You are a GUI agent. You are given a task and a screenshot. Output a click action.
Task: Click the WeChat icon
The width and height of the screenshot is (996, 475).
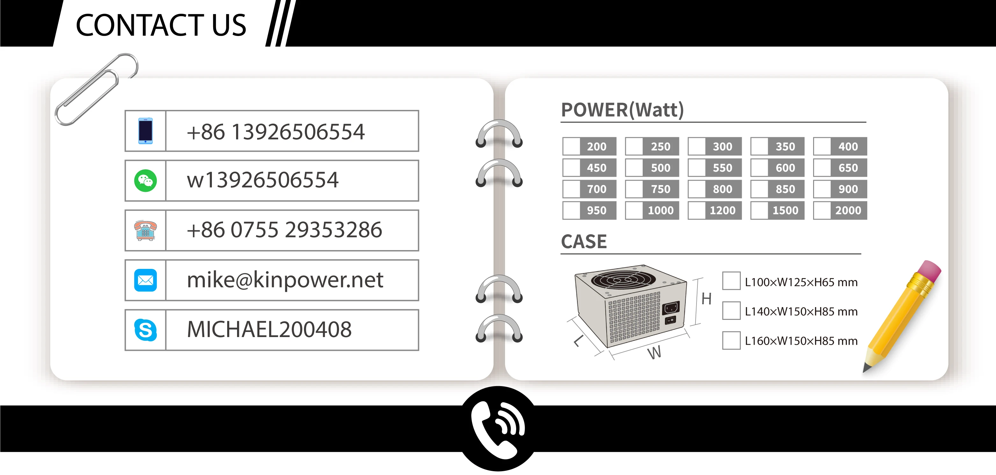(145, 181)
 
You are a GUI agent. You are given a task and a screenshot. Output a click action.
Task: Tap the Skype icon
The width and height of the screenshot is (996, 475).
(145, 330)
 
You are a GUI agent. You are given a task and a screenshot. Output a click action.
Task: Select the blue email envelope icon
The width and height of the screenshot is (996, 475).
(145, 280)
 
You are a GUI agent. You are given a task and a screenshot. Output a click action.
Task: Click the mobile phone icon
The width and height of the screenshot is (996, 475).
(145, 131)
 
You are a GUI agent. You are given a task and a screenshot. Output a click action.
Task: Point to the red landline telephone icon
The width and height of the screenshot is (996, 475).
(145, 230)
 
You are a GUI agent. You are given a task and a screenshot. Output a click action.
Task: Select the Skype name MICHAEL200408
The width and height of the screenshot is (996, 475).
(269, 330)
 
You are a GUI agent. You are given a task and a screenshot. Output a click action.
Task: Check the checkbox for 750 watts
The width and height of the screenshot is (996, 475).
(634, 189)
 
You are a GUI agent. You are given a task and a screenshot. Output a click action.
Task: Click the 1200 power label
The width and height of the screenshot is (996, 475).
(722, 210)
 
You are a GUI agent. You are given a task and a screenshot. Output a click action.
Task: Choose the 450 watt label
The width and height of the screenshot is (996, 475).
(596, 168)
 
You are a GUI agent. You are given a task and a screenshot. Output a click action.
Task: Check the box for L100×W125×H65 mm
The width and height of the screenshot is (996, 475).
(731, 281)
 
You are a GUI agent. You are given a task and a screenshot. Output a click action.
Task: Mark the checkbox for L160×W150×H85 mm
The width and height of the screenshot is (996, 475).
(731, 341)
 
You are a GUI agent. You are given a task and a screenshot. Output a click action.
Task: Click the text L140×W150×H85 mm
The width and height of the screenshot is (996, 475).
(801, 312)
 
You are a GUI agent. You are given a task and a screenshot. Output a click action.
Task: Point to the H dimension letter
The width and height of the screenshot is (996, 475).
(706, 299)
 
